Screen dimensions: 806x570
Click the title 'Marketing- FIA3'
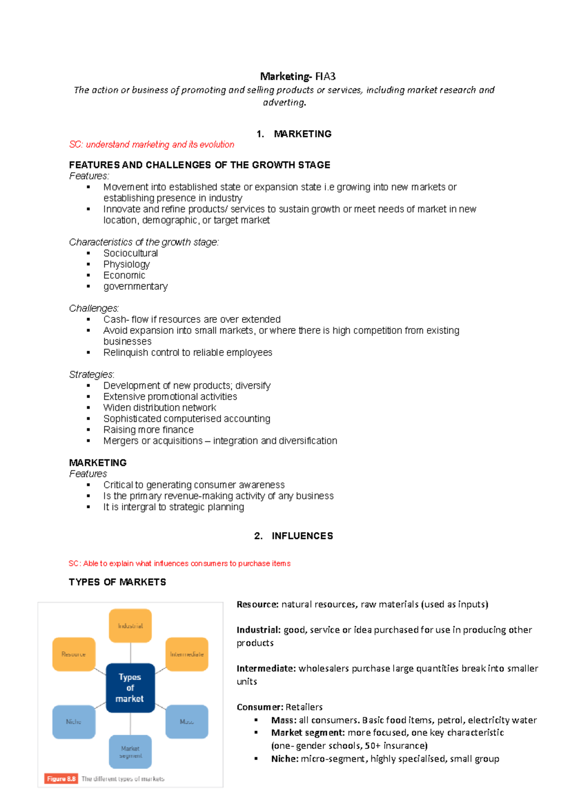pos(298,76)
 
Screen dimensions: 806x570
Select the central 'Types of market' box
pos(130,688)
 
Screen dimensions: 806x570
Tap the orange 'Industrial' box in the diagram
pos(130,626)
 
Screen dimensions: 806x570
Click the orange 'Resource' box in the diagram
pos(74,654)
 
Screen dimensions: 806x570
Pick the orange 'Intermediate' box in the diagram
pos(187,654)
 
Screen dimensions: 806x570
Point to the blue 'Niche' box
pos(74,722)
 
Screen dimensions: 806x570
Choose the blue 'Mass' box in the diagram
pos(187,722)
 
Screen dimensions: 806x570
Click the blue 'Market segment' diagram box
pos(130,752)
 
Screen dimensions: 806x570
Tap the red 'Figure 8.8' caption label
pos(61,779)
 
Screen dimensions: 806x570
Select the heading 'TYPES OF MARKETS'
pos(117,582)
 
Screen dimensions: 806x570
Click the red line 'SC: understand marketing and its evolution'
pos(152,144)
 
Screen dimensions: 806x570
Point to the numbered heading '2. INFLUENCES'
pos(294,536)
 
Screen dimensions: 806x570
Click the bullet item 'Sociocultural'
pos(131,253)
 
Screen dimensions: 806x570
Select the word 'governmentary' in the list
pos(135,287)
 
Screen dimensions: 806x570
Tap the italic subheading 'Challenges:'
pos(94,309)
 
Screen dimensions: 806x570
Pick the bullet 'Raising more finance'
pos(148,430)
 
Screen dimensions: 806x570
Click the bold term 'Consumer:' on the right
pos(260,707)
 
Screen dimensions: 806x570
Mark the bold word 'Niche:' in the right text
pos(285,759)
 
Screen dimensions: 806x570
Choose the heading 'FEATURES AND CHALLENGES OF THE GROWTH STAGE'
pos(199,165)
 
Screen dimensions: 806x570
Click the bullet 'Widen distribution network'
pos(160,408)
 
